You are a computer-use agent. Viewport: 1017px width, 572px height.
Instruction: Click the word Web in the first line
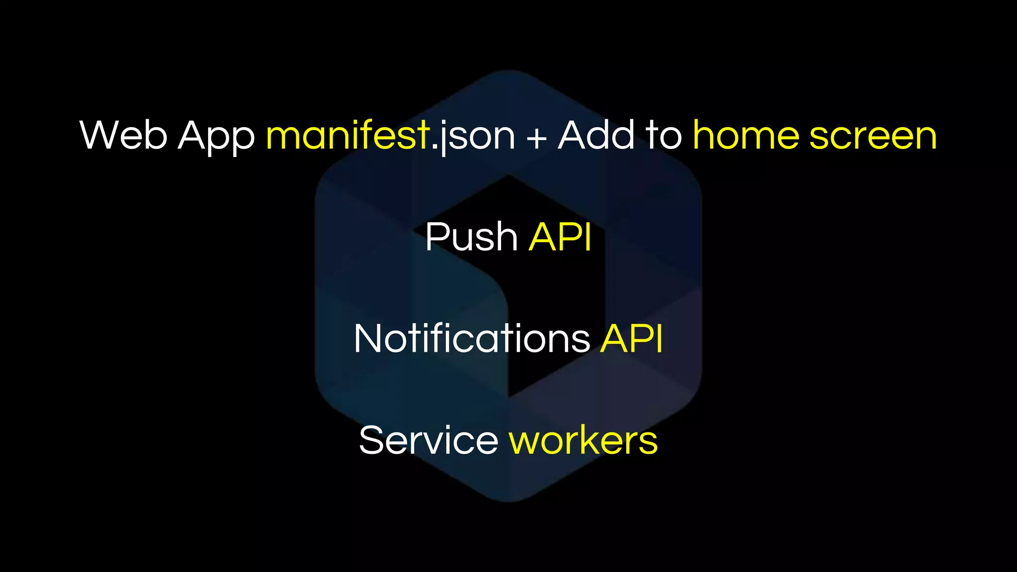[x=123, y=135]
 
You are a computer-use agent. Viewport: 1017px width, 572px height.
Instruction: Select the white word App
[x=216, y=136]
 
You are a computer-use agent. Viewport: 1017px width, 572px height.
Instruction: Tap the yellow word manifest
[x=348, y=135]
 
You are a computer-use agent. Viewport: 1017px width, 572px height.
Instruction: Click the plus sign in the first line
[x=536, y=137]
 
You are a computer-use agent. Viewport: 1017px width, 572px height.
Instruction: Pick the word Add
[x=596, y=135]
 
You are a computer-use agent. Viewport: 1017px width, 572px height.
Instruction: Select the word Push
[x=471, y=237]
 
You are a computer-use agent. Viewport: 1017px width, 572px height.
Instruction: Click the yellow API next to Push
[x=560, y=237]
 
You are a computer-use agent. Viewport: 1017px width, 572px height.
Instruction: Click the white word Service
[x=429, y=440]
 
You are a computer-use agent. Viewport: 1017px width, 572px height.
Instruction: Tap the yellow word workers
[x=583, y=440]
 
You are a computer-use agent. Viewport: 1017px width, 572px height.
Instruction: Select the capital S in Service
[x=372, y=440]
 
